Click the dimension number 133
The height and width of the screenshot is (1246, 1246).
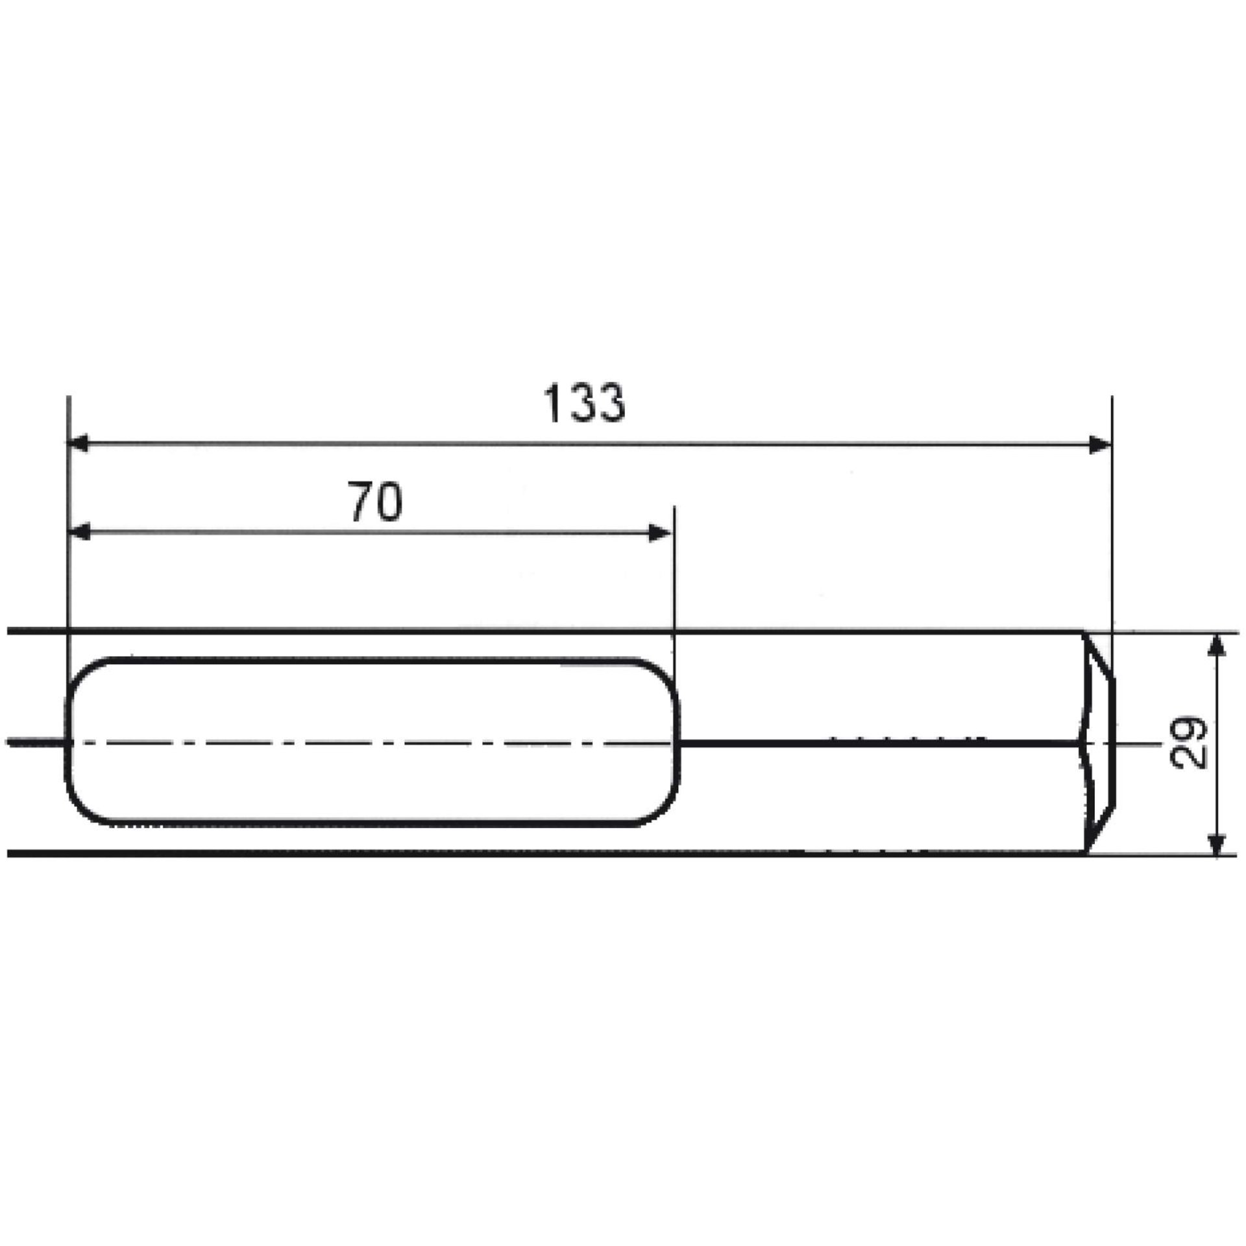(585, 403)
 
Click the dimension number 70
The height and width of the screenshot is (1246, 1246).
(376, 502)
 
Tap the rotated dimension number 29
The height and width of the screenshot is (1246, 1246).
(1190, 742)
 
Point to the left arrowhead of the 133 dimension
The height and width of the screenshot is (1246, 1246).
(79, 445)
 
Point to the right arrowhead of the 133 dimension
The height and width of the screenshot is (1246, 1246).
(1100, 445)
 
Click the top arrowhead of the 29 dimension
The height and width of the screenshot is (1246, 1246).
(1218, 644)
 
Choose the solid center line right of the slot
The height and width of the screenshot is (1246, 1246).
(876, 744)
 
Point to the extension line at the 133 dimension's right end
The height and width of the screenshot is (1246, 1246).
(1112, 519)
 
